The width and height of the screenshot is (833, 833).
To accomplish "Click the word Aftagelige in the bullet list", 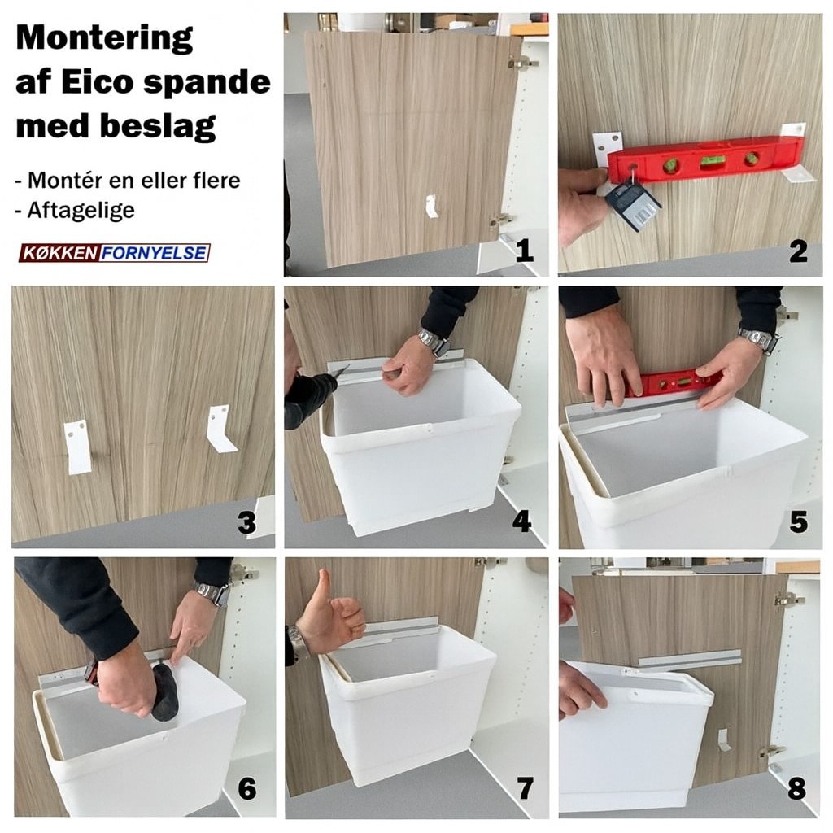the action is coord(81,211).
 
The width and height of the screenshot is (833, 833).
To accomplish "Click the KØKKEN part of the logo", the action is coord(60,253).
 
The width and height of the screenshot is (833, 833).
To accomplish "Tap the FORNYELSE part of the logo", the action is coord(154,253).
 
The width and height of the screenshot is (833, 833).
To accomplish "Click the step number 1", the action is coord(524,251).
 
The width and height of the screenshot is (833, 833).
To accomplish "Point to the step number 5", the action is coord(798,521).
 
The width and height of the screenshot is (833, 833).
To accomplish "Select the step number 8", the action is coord(797,789).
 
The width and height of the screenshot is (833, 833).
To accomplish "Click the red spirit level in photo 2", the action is coord(705,160).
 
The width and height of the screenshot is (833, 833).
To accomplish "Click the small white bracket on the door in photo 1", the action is coord(432,206).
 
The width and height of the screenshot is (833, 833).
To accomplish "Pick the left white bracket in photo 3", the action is coord(77,447).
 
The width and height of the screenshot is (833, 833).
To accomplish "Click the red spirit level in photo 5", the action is coord(673,384).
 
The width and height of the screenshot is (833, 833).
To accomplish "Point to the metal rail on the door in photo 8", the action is coord(689,659).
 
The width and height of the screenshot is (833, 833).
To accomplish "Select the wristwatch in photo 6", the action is coord(214,594).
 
